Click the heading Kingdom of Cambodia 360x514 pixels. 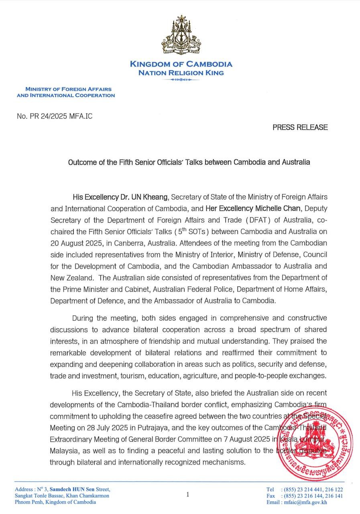pos(181,64)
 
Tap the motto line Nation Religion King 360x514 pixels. pos(181,73)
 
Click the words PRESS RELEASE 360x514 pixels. pos(300,127)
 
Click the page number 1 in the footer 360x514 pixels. pos(187,495)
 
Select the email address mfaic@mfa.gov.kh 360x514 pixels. pos(305,502)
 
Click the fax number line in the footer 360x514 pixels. pos(304,496)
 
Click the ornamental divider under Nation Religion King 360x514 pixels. pos(181,80)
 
